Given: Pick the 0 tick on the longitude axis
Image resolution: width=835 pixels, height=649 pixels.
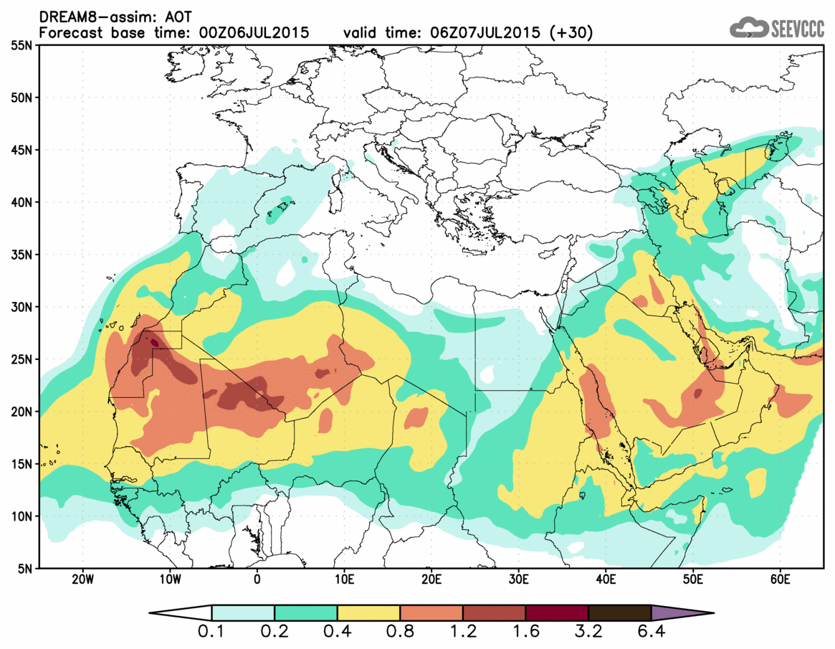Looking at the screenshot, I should (x=257, y=579).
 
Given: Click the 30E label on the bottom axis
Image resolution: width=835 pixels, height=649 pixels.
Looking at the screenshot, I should (x=518, y=579).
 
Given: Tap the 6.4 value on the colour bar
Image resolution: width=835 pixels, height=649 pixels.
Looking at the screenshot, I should (x=652, y=633).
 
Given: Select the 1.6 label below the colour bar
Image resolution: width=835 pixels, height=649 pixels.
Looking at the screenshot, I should (x=525, y=633).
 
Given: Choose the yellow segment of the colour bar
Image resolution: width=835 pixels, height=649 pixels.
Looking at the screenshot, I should (x=368, y=613).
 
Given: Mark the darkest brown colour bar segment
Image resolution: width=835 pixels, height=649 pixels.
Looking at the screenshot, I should (x=619, y=613).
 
